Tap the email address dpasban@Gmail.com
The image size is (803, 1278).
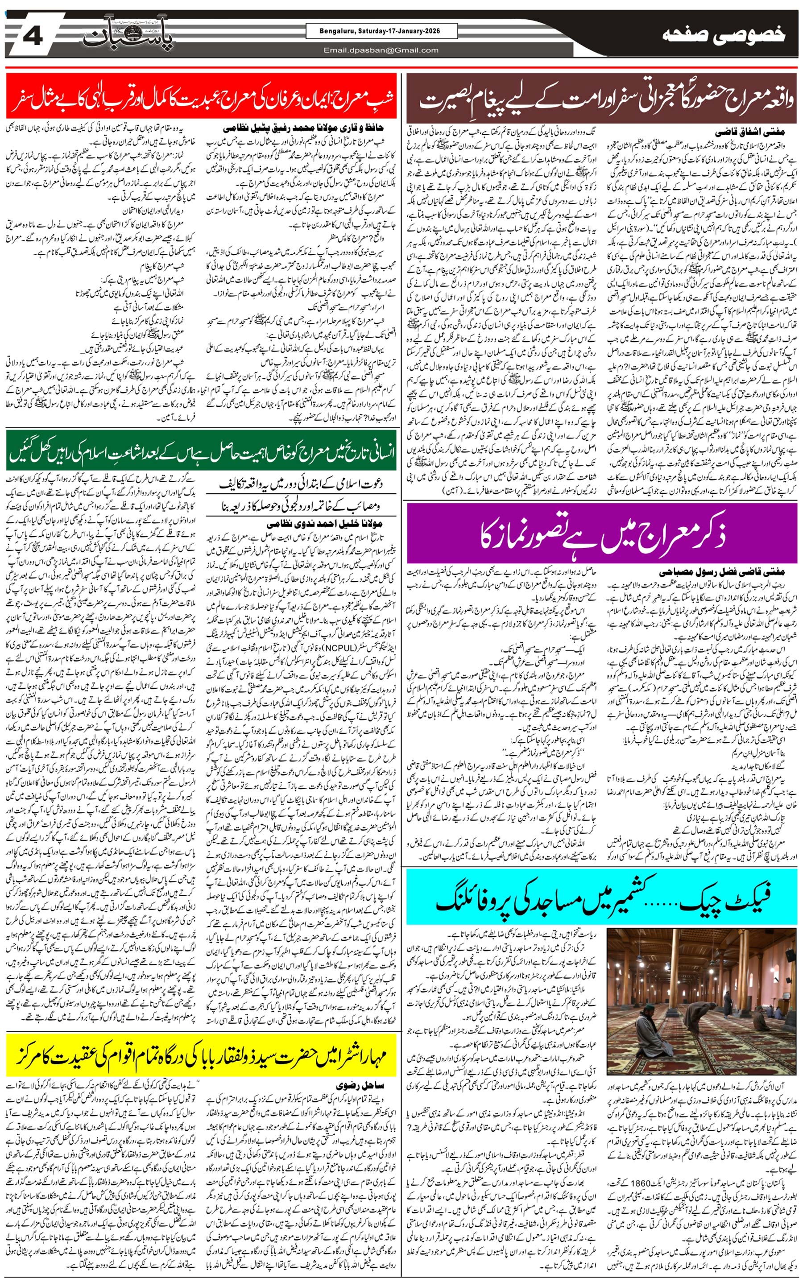point(381,50)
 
